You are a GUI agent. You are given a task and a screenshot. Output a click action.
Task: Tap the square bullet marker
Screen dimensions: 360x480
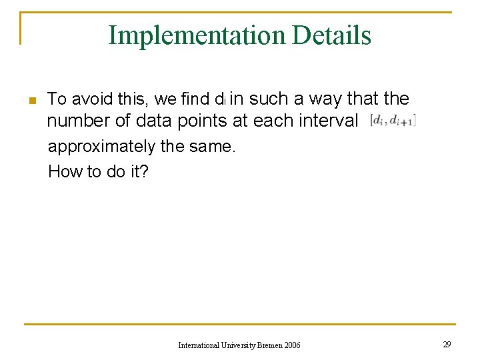click(x=31, y=101)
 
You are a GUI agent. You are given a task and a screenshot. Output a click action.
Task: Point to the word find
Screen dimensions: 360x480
click(x=195, y=99)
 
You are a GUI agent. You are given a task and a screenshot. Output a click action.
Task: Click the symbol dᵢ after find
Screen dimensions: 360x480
click(x=221, y=100)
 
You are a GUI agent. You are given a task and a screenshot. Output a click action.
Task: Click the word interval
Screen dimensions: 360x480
click(x=331, y=121)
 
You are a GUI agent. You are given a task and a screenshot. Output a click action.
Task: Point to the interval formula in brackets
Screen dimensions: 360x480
click(x=393, y=121)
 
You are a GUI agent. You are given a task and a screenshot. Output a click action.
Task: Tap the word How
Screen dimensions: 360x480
click(x=65, y=171)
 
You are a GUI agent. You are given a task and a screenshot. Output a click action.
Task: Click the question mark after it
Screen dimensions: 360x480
click(x=145, y=171)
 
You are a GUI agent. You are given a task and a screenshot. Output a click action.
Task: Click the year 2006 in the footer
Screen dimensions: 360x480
click(x=291, y=345)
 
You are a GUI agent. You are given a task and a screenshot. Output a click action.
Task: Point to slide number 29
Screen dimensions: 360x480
click(x=446, y=344)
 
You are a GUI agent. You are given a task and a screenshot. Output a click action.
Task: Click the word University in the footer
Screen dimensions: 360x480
click(x=235, y=345)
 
